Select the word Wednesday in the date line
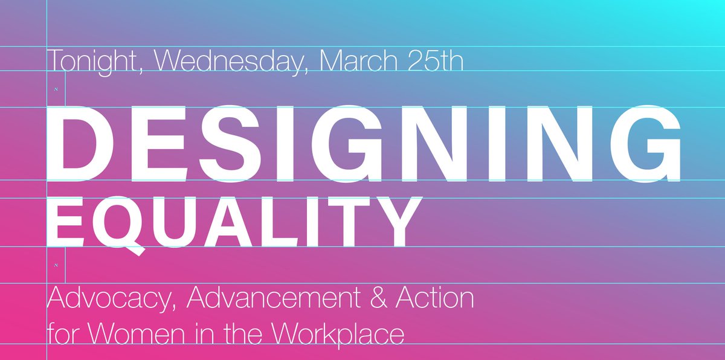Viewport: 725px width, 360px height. [x=231, y=62]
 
